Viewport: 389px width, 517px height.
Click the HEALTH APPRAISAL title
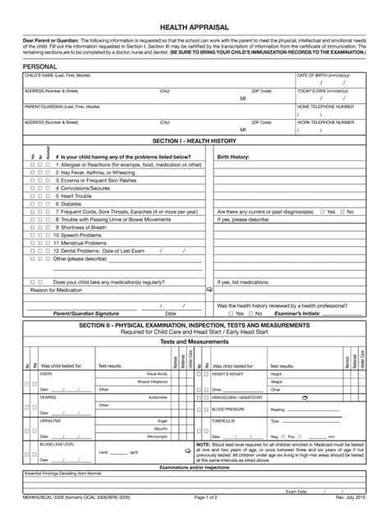coord(194,27)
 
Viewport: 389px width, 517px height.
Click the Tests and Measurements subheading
coord(194,341)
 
